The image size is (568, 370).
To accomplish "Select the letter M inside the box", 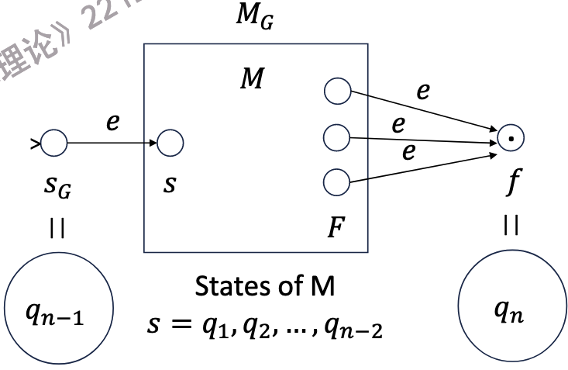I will [x=250, y=79].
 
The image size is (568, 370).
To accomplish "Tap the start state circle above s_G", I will [x=54, y=143].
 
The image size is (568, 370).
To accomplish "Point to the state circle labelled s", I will [x=170, y=143].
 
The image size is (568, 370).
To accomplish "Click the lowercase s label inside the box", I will [x=169, y=186].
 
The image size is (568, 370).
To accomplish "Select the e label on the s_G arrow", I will [x=113, y=123].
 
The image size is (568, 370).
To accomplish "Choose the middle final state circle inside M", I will [x=337, y=138].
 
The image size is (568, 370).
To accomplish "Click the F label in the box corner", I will [x=335, y=229].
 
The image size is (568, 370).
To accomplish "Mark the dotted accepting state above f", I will [x=511, y=140].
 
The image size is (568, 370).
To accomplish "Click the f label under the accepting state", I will [x=512, y=185].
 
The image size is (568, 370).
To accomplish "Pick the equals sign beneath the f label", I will [x=511, y=225].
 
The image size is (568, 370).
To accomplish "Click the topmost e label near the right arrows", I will [x=422, y=91].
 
